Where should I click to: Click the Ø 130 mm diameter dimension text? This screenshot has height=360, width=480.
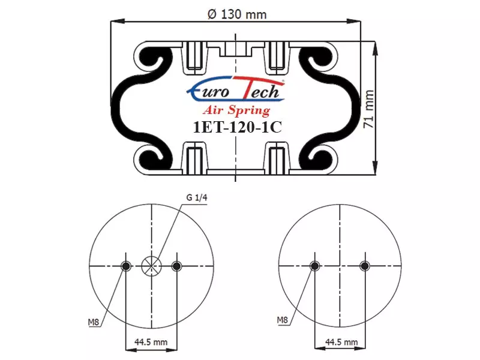tap(237, 14)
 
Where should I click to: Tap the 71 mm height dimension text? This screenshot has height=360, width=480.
tap(368, 109)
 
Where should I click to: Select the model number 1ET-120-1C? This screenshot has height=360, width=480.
tap(237, 127)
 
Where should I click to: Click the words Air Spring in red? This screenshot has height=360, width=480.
tap(236, 110)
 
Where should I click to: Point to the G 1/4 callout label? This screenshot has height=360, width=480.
tap(197, 197)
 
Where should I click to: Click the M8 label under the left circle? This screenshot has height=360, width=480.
tap(94, 322)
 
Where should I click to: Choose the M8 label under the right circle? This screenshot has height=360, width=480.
tap(283, 320)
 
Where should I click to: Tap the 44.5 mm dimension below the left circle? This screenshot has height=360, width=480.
tap(151, 341)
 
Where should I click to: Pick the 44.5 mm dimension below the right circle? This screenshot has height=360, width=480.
tap(341, 341)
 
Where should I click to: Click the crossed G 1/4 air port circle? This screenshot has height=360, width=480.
tap(151, 266)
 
